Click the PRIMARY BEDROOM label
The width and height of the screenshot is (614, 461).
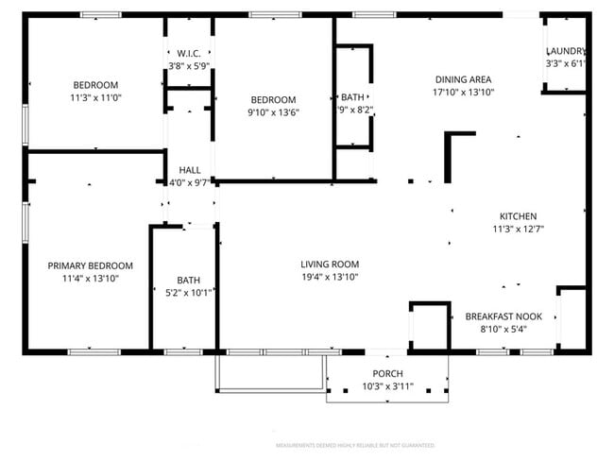click(x=91, y=265)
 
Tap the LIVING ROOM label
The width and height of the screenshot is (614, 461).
click(x=330, y=264)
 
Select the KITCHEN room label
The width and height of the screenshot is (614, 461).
click(x=518, y=215)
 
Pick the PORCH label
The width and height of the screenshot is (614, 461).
click(x=387, y=373)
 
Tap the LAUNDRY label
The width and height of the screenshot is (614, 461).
click(x=565, y=51)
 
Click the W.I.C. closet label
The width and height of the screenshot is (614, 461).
click(x=188, y=53)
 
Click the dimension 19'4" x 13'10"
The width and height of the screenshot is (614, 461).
click(x=330, y=277)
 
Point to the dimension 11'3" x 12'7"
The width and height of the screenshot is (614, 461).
click(x=518, y=229)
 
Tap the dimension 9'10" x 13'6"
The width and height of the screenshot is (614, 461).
click(x=273, y=112)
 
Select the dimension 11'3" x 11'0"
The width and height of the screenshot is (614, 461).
click(x=95, y=97)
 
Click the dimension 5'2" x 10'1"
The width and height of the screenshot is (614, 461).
click(x=188, y=293)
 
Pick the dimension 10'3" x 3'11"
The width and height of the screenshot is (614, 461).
click(x=387, y=386)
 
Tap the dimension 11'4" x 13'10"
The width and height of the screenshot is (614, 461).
click(x=91, y=279)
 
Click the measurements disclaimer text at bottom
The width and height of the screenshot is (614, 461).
click(x=354, y=444)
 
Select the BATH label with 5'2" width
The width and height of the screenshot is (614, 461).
click(x=188, y=280)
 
